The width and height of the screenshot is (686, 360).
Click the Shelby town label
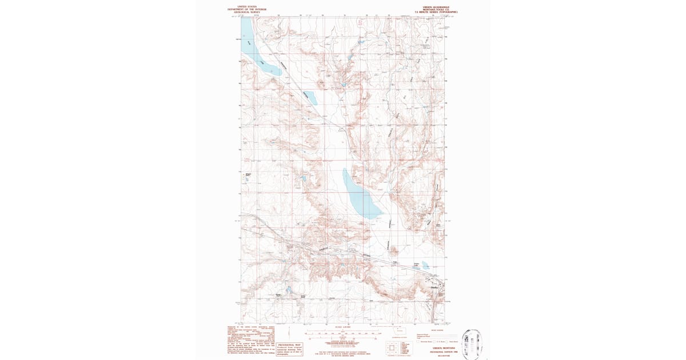coord(433,287)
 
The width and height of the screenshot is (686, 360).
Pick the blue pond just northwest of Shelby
coord(425,265)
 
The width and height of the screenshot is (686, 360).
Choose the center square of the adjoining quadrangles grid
coord(392,347)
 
